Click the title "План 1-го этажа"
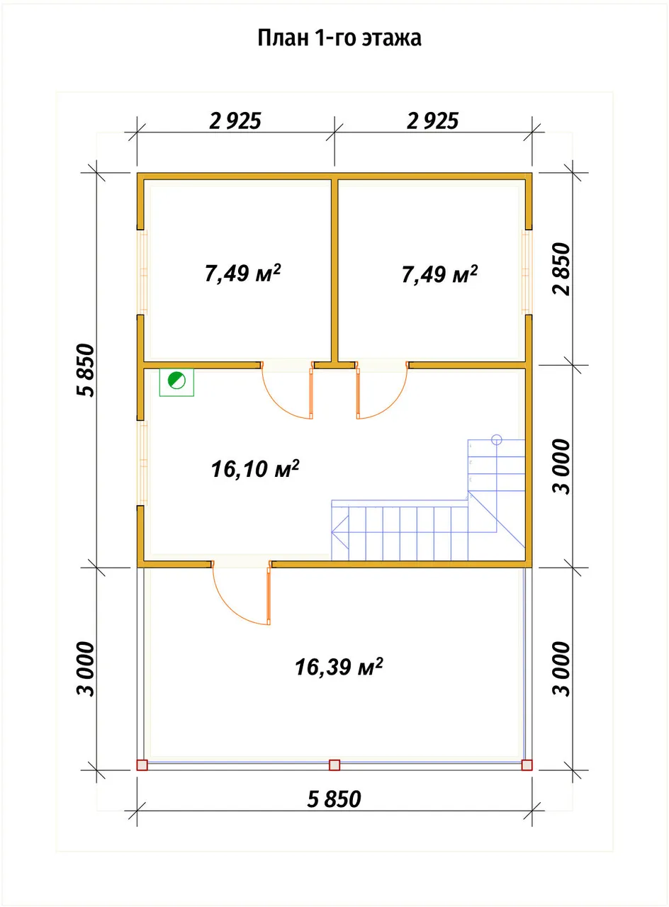click(x=339, y=38)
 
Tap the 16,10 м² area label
click(x=254, y=469)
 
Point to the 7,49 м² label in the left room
click(x=242, y=274)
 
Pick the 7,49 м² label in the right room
click(x=439, y=274)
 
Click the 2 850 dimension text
click(x=561, y=269)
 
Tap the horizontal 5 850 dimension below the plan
click(x=334, y=799)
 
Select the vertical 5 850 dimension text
click(x=86, y=370)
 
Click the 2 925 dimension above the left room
click(x=235, y=121)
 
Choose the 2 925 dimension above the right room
click(x=433, y=121)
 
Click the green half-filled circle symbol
click(x=176, y=381)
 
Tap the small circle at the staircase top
click(x=497, y=439)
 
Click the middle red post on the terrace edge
click(x=334, y=765)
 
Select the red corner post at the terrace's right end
click(x=527, y=765)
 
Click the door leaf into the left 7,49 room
click(x=311, y=393)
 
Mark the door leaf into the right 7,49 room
click(x=358, y=393)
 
